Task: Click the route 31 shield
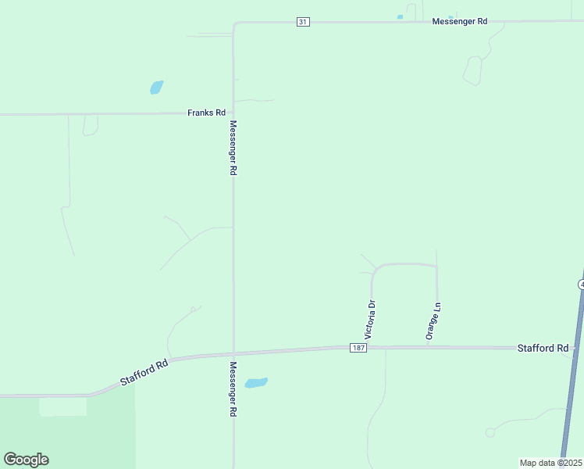coord(303,22)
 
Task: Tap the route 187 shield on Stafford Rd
coord(358,347)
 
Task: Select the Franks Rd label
coord(206,113)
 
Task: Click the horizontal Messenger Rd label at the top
coord(460,22)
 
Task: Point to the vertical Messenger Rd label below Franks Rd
coord(233,148)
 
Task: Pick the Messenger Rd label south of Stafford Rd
coord(233,388)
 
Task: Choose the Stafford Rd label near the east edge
coord(543,348)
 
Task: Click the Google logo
coord(26,460)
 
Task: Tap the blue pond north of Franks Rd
coord(156,87)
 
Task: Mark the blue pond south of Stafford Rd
coord(255,383)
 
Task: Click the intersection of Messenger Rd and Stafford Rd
coord(233,353)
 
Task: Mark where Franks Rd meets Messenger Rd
coord(233,113)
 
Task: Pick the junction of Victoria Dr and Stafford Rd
coord(372,347)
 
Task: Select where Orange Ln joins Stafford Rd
coord(436,346)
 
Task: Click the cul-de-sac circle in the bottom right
coord(490,432)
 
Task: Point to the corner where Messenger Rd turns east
coord(234,24)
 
